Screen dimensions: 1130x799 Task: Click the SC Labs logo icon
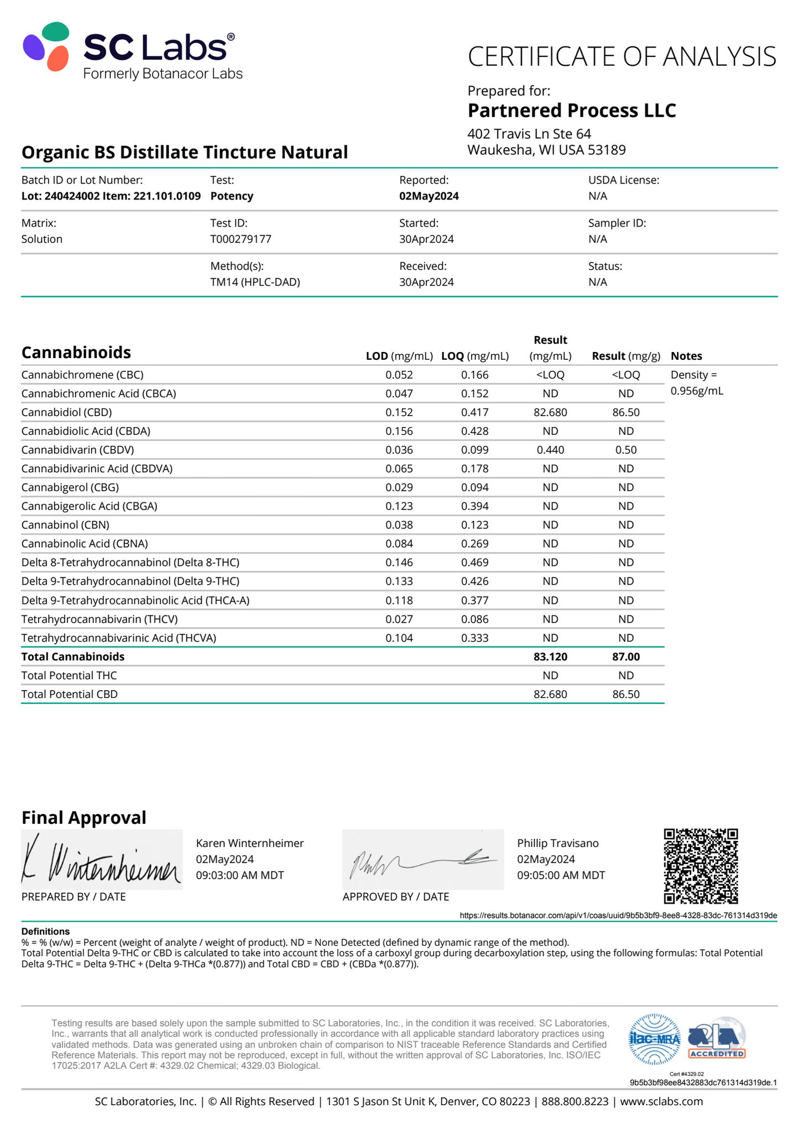point(46,47)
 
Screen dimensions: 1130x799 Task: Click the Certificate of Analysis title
point(622,57)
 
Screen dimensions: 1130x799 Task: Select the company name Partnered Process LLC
point(571,111)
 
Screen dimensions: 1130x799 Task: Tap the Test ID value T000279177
point(241,239)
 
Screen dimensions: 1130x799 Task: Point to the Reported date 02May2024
point(429,196)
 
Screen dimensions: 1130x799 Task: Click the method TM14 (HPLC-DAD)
point(255,282)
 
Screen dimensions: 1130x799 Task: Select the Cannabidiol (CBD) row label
point(66,412)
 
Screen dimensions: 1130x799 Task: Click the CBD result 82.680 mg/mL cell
point(550,412)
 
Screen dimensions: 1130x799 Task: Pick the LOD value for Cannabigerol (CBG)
point(399,487)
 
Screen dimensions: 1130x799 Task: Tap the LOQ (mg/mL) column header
point(474,356)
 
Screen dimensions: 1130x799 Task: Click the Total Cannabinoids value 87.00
point(626,656)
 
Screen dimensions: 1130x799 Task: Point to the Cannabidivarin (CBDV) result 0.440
point(550,450)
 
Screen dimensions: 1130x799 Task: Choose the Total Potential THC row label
point(69,675)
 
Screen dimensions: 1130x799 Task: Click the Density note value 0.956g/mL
point(697,391)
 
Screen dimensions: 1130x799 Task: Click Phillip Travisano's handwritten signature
point(423,859)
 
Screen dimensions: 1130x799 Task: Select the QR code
point(701,866)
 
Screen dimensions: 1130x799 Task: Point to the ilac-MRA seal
point(655,1039)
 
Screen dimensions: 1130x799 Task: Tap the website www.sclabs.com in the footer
point(661,1101)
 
